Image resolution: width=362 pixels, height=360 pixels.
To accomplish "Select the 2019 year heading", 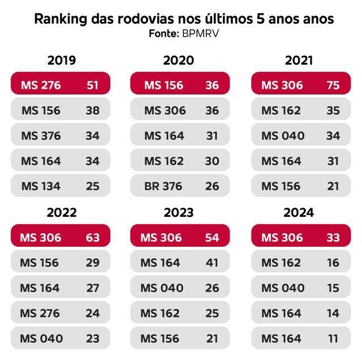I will click(x=62, y=61).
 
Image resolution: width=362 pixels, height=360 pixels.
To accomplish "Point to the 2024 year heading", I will click(x=299, y=213).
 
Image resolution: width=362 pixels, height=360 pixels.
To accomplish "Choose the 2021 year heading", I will click(x=299, y=61).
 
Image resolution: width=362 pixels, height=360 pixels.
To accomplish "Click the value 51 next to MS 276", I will click(x=93, y=85).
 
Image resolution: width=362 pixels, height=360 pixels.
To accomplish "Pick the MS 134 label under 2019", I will click(x=41, y=186).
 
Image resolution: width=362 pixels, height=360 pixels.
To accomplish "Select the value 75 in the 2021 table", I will click(x=333, y=85).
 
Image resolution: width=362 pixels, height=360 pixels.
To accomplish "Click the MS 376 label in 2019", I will click(x=41, y=136).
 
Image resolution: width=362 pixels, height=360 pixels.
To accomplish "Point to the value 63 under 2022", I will click(x=93, y=237).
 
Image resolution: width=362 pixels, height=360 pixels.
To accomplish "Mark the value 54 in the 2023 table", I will click(x=212, y=237).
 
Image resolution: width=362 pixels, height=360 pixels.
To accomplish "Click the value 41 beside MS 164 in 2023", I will click(x=212, y=263).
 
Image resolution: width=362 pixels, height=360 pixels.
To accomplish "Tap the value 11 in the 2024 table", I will click(x=333, y=338).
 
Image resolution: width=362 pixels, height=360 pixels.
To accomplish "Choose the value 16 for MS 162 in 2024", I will click(x=333, y=263).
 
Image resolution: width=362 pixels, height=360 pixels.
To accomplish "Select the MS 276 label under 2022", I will click(x=40, y=313).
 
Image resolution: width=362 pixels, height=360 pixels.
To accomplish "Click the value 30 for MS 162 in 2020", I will click(x=212, y=161).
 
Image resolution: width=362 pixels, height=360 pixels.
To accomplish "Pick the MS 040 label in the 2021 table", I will click(x=283, y=136).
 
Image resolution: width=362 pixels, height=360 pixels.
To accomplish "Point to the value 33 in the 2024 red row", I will click(x=333, y=237).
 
